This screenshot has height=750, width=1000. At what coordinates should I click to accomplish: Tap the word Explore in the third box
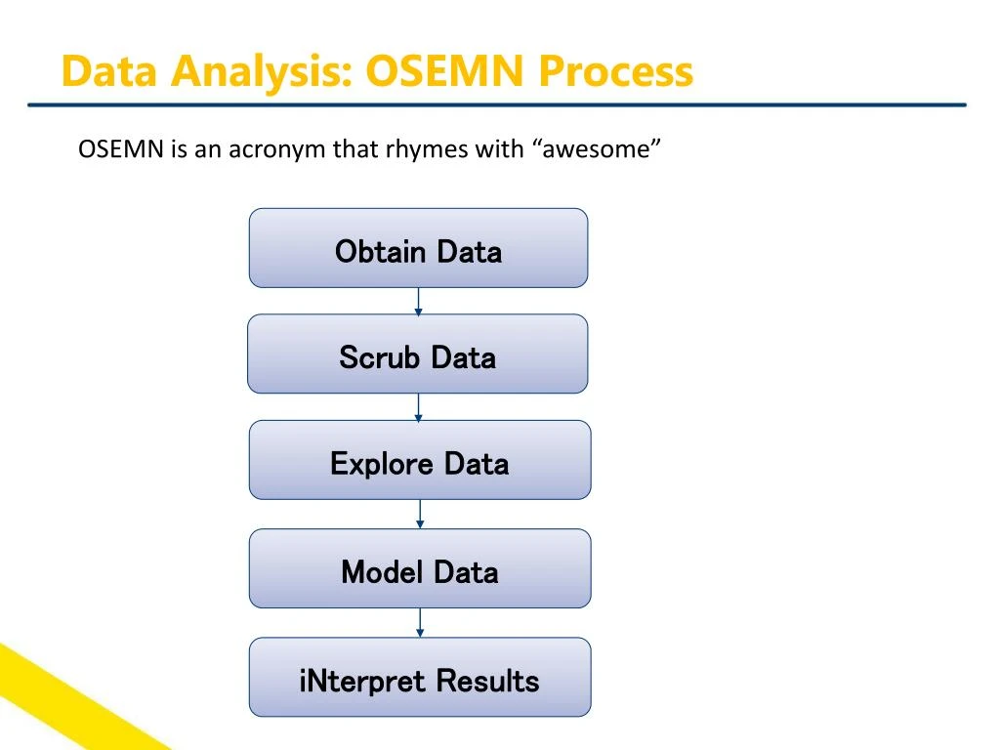tap(382, 463)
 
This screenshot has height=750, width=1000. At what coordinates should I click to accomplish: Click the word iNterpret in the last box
tap(362, 681)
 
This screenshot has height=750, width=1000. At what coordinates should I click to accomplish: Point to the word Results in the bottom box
tap(487, 681)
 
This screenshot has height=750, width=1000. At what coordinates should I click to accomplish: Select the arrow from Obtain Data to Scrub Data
tap(418, 302)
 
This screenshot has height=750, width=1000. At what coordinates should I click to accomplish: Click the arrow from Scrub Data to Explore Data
tap(418, 407)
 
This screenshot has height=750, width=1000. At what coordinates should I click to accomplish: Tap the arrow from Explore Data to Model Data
tap(420, 515)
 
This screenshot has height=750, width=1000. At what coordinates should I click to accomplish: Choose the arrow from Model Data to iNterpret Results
tap(420, 623)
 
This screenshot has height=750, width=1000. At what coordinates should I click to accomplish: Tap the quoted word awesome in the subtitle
tap(599, 149)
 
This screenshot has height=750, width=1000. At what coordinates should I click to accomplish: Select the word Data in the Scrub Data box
tap(463, 357)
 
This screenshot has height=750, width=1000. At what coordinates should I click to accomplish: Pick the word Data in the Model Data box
tap(466, 571)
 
